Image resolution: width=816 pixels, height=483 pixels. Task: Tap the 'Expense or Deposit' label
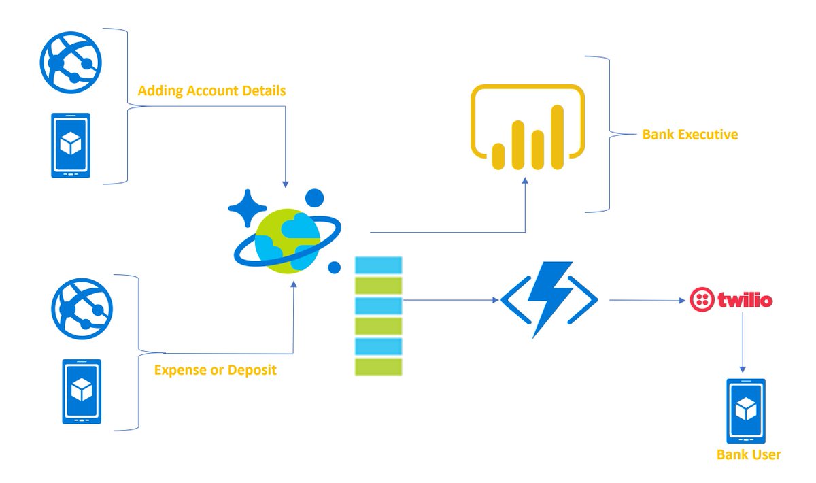point(215,371)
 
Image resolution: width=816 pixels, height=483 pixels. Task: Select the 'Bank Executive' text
point(690,135)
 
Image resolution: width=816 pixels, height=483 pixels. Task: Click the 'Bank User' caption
point(749,454)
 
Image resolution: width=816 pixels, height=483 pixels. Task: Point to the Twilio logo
point(731,300)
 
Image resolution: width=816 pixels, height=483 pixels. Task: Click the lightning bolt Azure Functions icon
point(549,300)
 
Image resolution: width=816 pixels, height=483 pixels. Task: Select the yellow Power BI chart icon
point(528,127)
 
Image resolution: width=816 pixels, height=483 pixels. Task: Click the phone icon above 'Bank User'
point(746,410)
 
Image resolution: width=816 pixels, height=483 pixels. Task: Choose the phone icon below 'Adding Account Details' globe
point(71,146)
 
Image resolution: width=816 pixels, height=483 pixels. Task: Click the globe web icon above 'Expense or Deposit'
point(82,309)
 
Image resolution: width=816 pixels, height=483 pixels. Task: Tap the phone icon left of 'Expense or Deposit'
point(82,391)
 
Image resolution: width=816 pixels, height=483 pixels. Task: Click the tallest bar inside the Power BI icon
point(558,136)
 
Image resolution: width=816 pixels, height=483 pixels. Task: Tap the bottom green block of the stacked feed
point(378,367)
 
